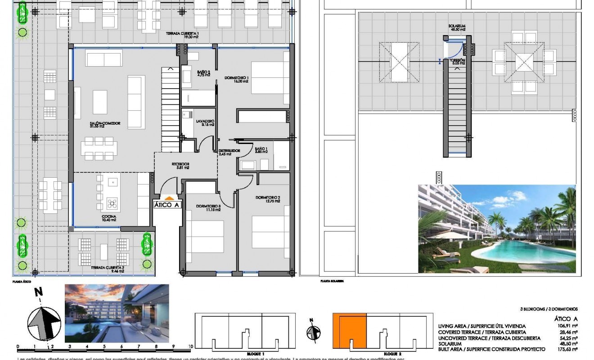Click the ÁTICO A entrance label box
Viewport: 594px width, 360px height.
[x=167, y=205]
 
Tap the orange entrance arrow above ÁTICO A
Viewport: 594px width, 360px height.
[x=168, y=197]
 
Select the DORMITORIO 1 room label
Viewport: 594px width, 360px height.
[x=237, y=78]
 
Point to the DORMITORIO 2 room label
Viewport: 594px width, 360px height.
[x=268, y=198]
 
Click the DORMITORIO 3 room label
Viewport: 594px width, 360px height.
[x=208, y=206]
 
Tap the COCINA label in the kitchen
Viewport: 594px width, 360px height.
[x=109, y=216]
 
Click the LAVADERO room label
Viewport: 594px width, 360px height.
[x=205, y=121]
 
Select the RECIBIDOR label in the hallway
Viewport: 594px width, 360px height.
[x=180, y=164]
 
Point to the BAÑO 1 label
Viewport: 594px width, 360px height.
[x=261, y=149]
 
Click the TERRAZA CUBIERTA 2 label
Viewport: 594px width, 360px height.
[x=108, y=267]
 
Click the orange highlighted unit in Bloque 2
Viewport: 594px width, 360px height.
[x=350, y=331]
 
